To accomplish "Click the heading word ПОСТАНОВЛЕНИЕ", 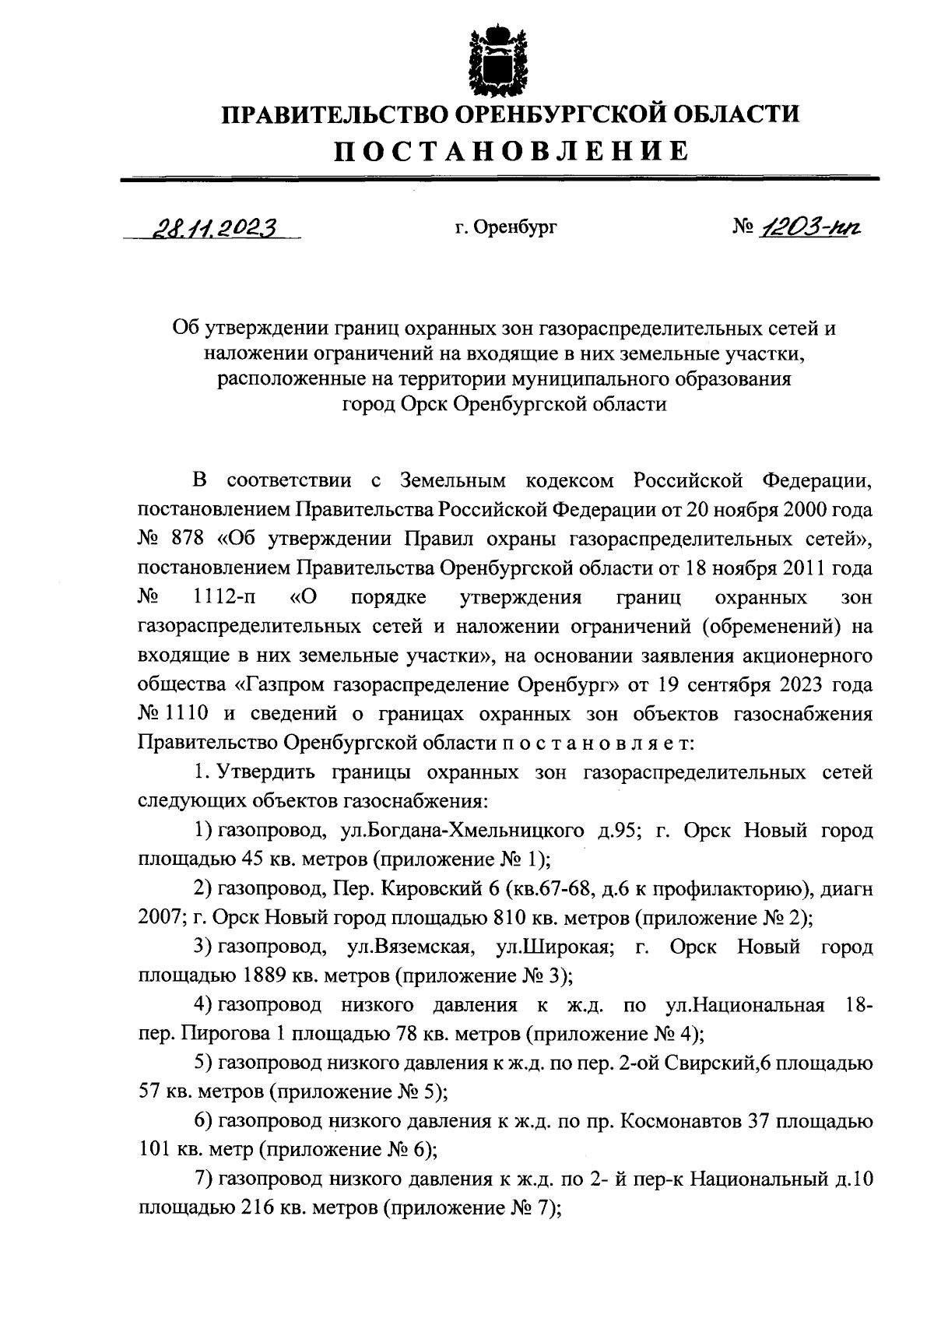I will click(x=511, y=150).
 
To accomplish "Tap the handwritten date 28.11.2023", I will click(x=211, y=227).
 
